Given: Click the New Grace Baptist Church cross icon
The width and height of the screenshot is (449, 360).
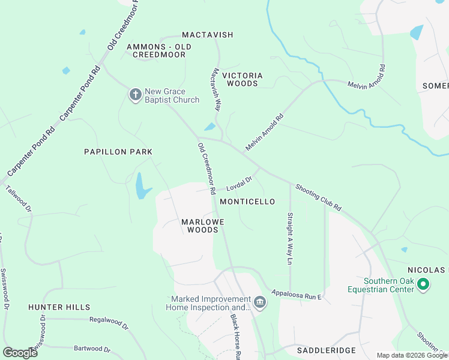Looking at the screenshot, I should pyautogui.click(x=136, y=94).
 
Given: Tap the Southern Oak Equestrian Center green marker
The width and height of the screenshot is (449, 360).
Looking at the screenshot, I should pyautogui.click(x=424, y=284).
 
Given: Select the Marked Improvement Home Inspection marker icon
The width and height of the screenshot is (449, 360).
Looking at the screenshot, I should pyautogui.click(x=259, y=302).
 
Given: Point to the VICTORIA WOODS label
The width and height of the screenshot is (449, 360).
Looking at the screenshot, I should pyautogui.click(x=243, y=79).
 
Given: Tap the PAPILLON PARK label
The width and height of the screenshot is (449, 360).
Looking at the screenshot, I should pyautogui.click(x=118, y=152).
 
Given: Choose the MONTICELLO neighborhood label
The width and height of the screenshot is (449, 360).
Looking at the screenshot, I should pyautogui.click(x=247, y=202).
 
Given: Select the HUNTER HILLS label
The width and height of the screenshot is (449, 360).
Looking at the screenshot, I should pyautogui.click(x=59, y=307).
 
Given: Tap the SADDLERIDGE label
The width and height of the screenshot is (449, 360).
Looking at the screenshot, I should pyautogui.click(x=327, y=350).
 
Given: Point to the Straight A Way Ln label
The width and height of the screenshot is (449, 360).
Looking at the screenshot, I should pyautogui.click(x=289, y=239).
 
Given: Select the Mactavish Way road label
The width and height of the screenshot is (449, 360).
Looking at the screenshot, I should pyautogui.click(x=215, y=89).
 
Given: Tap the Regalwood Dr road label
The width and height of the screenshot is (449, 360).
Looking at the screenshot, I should pyautogui.click(x=109, y=324).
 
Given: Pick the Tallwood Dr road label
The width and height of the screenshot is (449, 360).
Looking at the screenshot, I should pyautogui.click(x=18, y=199).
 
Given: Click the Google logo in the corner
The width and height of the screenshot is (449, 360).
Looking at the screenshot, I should pyautogui.click(x=20, y=352).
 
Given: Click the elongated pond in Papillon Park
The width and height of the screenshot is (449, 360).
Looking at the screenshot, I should pyautogui.click(x=140, y=186).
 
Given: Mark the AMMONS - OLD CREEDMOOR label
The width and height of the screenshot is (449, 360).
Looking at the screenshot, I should pyautogui.click(x=159, y=50).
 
